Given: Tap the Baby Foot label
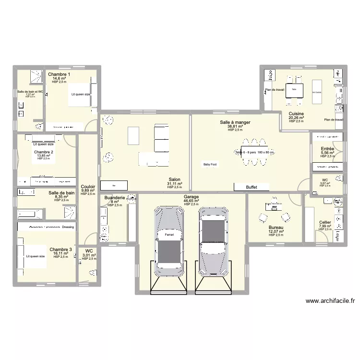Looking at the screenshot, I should pyautogui.click(x=210, y=165).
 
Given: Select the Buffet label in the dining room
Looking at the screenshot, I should pyautogui.click(x=251, y=187).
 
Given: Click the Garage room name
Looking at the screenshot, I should pyautogui.click(x=191, y=197).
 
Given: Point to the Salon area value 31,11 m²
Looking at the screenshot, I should pyautogui.click(x=175, y=183).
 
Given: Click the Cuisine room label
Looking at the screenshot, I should pyautogui.click(x=296, y=113).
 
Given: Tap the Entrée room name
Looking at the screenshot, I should pyautogui.click(x=327, y=149).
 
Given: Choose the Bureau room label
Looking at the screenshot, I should pyautogui.click(x=276, y=227).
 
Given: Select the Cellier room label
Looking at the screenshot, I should pyautogui.click(x=325, y=222).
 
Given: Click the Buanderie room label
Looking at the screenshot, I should pyautogui.click(x=114, y=198).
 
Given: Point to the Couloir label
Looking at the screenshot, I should pyautogui.click(x=88, y=187).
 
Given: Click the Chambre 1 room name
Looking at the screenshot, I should pyautogui.click(x=59, y=74).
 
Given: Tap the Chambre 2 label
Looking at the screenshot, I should pyautogui.click(x=44, y=152).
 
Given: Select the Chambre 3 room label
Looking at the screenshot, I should pyautogui.click(x=60, y=250).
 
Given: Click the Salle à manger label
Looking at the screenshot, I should pyautogui.click(x=235, y=122).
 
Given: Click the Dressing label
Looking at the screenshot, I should pyautogui.click(x=68, y=227).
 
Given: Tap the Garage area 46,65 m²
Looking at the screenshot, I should pyautogui.click(x=191, y=201).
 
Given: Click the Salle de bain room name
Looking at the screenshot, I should pyautogui.click(x=61, y=192).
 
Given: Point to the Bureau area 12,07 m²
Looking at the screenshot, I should pyautogui.click(x=276, y=231).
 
